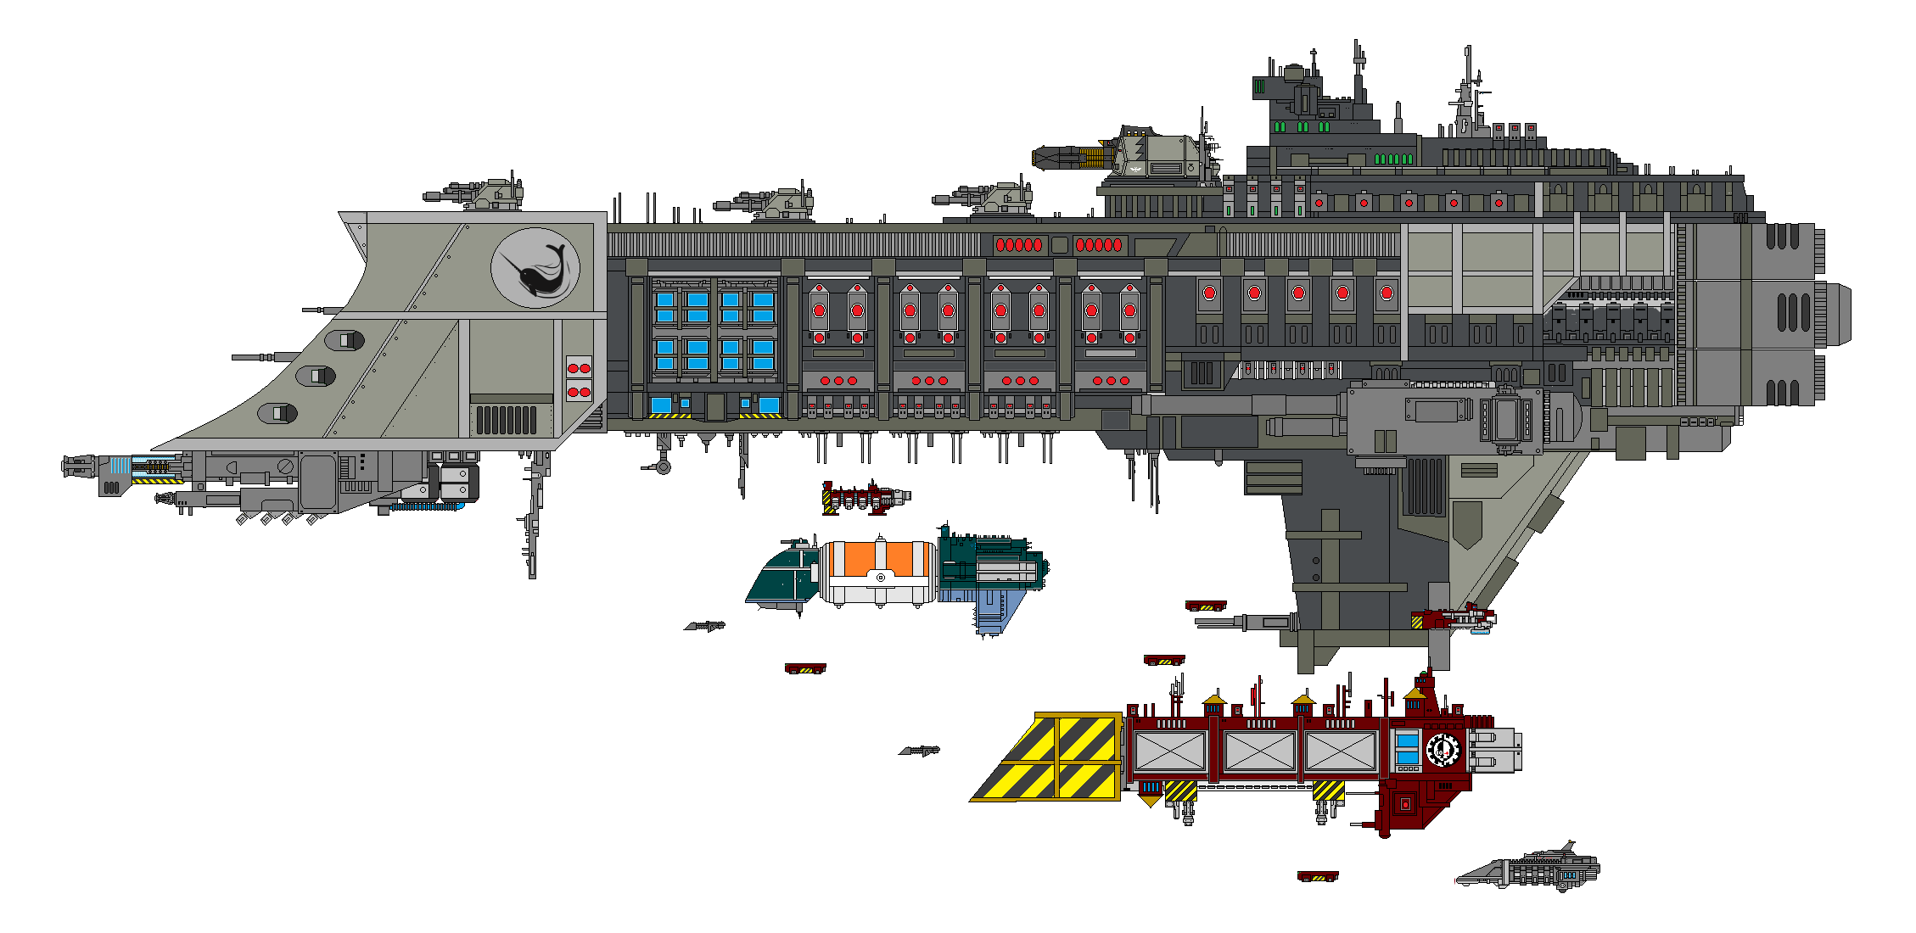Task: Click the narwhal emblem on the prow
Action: point(535,268)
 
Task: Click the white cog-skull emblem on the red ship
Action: point(1442,750)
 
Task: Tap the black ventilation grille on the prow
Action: point(506,420)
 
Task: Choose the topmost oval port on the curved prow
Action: point(346,340)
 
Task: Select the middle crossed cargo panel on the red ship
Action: point(1259,751)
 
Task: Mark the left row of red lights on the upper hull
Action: point(1018,245)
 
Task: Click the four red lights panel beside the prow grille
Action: point(579,380)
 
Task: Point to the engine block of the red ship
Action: point(1495,750)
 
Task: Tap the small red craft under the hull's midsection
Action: point(864,498)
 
